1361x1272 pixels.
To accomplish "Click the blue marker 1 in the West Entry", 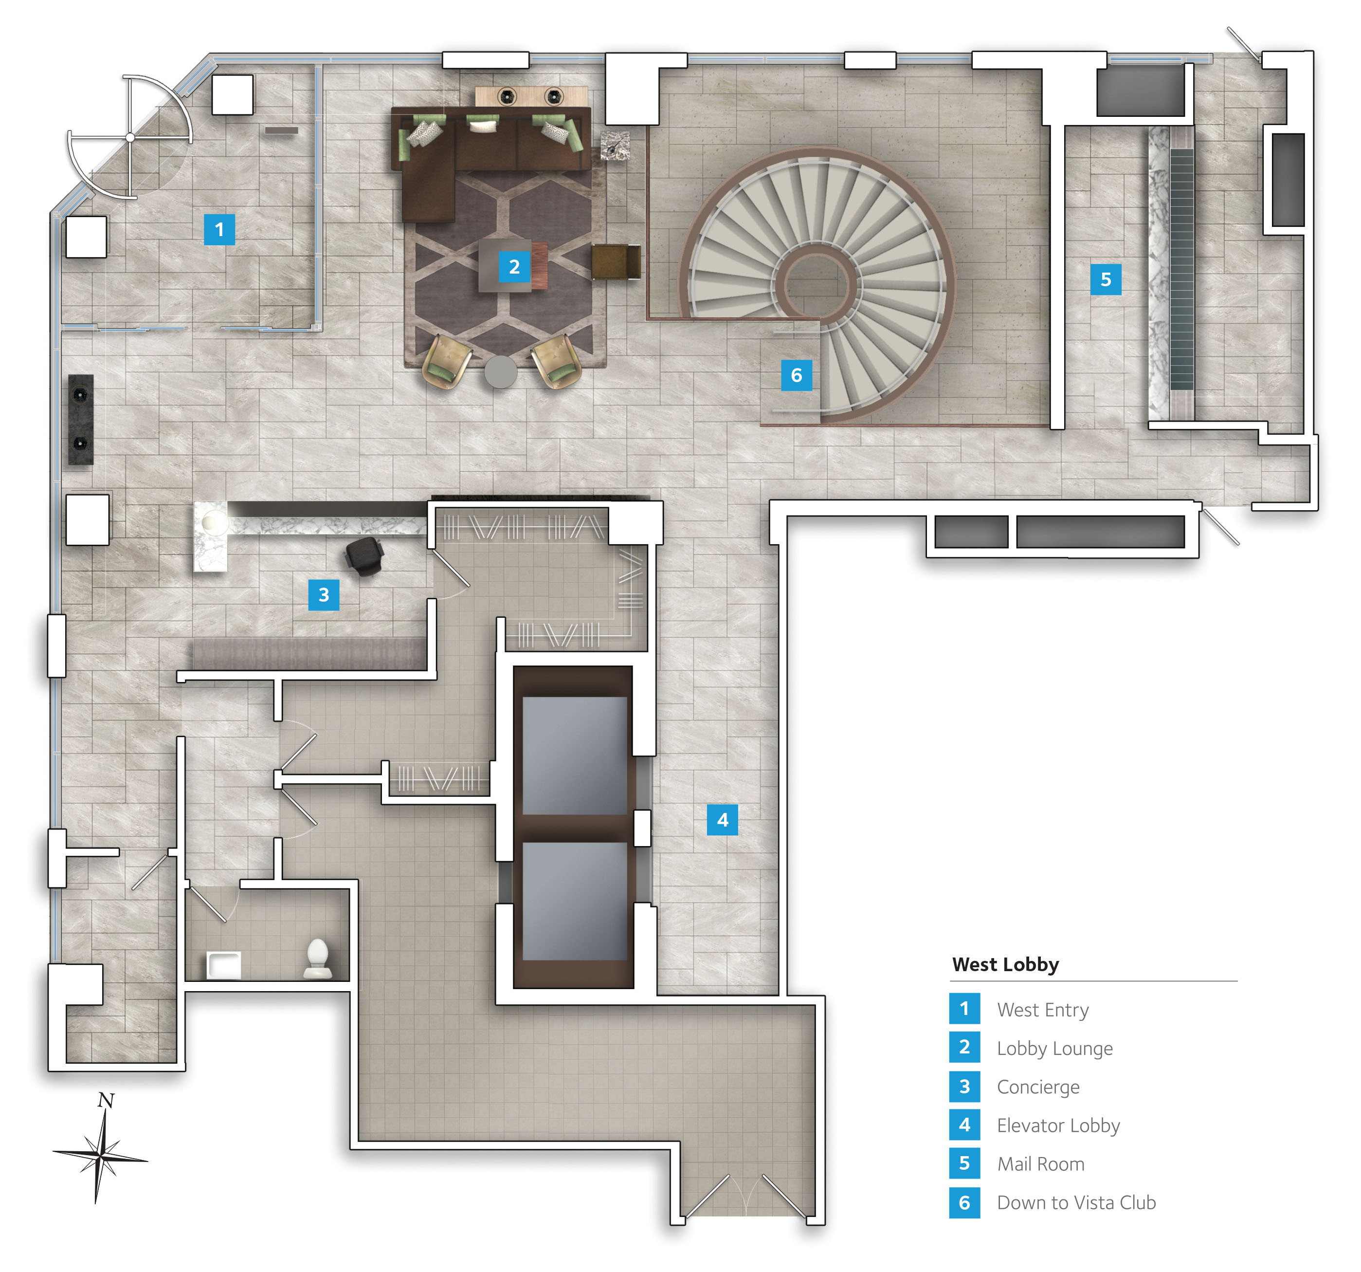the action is click(219, 229).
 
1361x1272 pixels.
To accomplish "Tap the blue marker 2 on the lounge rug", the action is click(514, 266).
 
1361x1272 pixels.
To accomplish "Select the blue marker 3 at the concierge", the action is click(324, 594).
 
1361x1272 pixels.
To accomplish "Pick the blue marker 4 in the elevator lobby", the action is click(722, 820).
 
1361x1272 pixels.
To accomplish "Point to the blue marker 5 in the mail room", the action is click(1106, 279).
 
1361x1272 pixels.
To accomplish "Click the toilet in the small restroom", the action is click(318, 958).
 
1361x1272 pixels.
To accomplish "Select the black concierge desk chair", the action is click(363, 555).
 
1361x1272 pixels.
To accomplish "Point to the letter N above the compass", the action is click(106, 1101).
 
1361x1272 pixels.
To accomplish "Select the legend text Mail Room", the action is click(1041, 1164).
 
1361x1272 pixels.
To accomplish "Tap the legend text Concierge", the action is click(1038, 1087).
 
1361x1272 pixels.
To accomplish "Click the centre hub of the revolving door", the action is click(130, 138).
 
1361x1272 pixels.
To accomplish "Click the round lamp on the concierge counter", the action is click(214, 522).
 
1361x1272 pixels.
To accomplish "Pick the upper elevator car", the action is click(574, 756).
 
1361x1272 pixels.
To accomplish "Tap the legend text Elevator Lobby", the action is click(1058, 1125).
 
